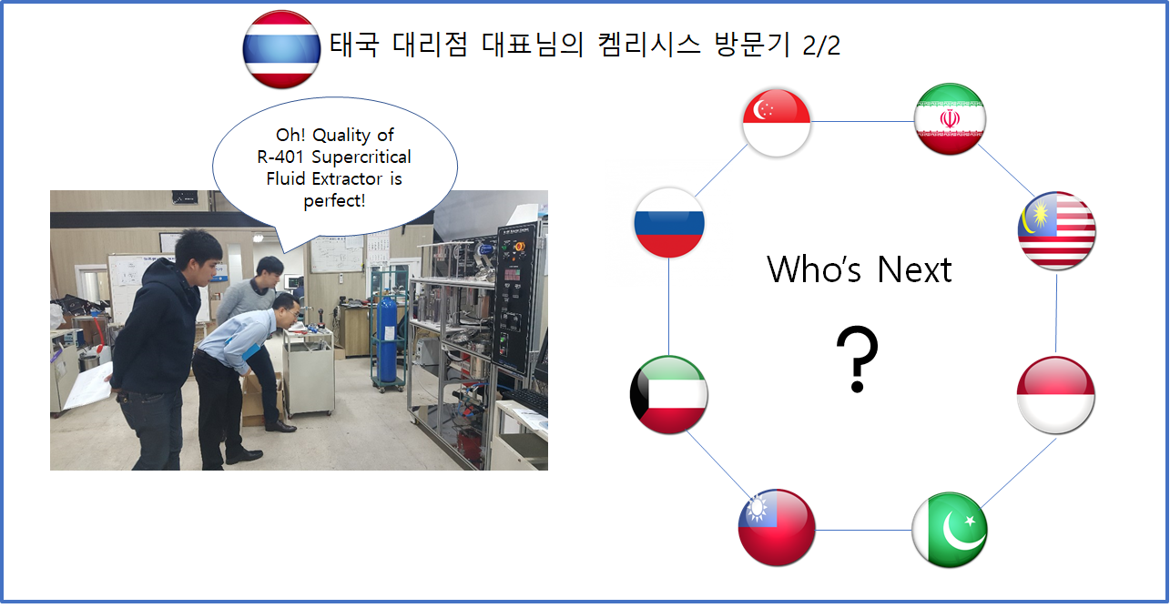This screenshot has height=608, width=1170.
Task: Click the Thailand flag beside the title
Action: pos(281,49)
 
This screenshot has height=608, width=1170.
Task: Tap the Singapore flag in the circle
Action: pos(776,123)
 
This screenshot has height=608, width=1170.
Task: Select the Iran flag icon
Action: pos(950,119)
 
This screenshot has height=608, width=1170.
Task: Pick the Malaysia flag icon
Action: pos(1057,230)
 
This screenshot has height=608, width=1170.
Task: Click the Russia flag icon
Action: pos(669,222)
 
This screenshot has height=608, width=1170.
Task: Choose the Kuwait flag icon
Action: pos(668,394)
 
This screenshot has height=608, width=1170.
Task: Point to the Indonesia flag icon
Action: pos(1055,395)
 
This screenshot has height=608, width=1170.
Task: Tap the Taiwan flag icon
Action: pos(777,528)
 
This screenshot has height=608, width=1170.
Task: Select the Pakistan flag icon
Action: pos(950,530)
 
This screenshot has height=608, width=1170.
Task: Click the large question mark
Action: pos(857,359)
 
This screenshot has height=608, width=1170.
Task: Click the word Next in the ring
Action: pos(914,270)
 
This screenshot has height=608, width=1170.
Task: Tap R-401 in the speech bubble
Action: pos(280,157)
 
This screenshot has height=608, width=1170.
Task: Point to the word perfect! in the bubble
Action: pos(334,200)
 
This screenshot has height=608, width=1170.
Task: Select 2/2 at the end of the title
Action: pos(821,45)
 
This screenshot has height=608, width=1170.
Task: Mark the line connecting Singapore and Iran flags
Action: pos(862,122)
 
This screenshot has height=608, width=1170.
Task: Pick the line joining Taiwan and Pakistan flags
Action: pos(863,530)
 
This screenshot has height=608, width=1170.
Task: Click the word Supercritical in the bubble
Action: pos(361,157)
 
